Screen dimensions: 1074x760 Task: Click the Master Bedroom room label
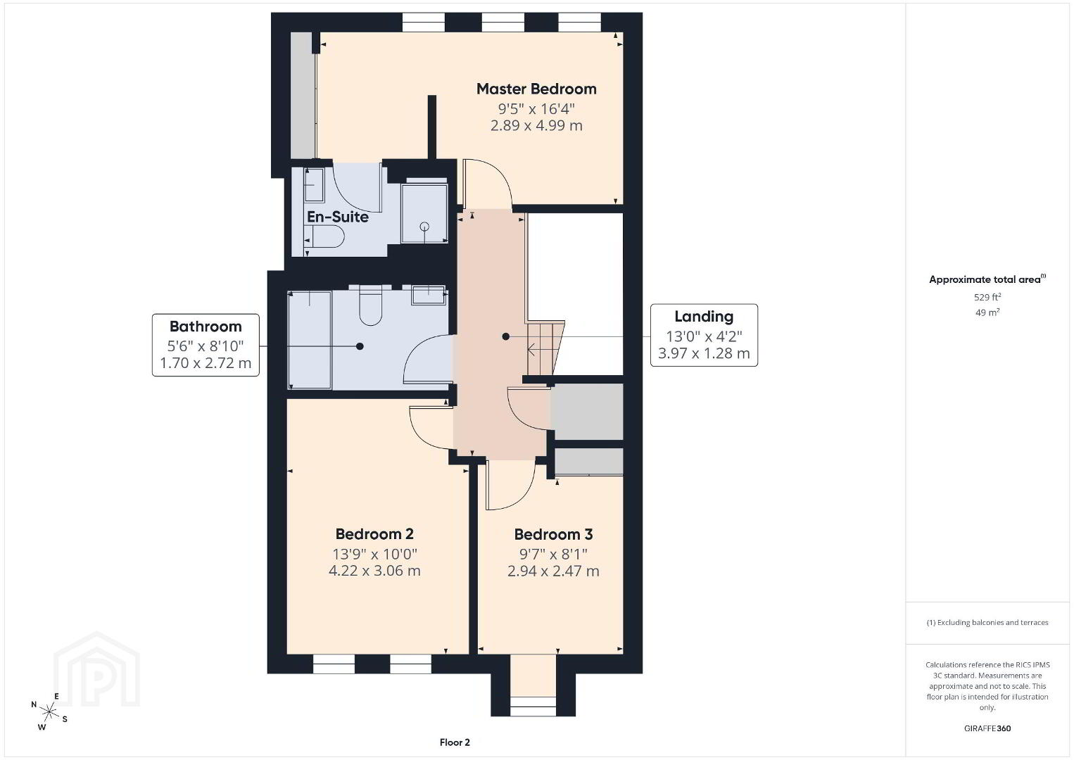[536, 89]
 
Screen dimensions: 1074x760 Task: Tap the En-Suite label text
[338, 217]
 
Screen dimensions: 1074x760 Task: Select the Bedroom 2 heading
[374, 533]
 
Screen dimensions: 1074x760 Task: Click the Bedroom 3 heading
[553, 534]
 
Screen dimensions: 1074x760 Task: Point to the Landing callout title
[704, 317]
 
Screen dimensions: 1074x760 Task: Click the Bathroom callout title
[206, 327]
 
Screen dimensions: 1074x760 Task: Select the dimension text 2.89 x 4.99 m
[536, 126]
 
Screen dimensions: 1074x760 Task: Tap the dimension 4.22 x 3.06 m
[374, 571]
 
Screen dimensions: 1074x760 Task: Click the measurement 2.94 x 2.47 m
[553, 571]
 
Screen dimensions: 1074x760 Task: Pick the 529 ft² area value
[987, 297]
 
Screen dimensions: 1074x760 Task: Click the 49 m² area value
[987, 312]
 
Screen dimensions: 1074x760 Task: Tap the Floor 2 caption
[455, 742]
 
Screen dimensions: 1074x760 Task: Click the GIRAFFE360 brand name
[987, 728]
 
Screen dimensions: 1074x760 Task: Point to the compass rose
[49, 712]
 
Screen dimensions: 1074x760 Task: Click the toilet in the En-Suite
[324, 237]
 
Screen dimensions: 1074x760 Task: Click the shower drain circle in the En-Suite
[424, 227]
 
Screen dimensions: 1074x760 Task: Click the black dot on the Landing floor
[505, 336]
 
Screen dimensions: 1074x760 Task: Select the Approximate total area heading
[987, 279]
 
